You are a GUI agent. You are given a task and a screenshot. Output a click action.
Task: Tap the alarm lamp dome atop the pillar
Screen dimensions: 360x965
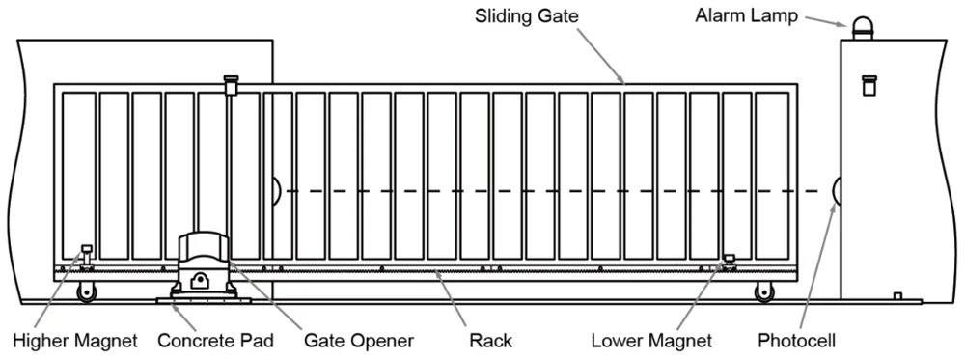pyautogui.click(x=861, y=29)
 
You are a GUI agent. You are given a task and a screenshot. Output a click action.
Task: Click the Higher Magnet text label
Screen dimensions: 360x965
pyautogui.click(x=74, y=341)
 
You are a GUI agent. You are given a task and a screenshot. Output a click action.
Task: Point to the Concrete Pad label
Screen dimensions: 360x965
pyautogui.click(x=215, y=341)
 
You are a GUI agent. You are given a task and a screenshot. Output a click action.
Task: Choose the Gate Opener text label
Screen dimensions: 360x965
pyautogui.click(x=358, y=341)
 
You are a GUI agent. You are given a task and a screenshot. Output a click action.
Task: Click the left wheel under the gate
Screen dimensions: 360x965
pyautogui.click(x=90, y=291)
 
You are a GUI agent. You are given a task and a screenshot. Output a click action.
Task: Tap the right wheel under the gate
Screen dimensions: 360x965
pyautogui.click(x=765, y=291)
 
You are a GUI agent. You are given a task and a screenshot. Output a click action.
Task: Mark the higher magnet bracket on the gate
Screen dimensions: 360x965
pyautogui.click(x=85, y=254)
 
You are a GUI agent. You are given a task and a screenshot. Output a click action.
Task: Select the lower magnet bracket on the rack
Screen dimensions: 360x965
pyautogui.click(x=729, y=260)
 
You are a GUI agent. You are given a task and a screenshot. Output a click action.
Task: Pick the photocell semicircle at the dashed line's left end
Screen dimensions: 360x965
pyautogui.click(x=276, y=190)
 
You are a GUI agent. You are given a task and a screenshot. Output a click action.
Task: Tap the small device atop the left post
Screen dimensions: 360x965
pyautogui.click(x=230, y=85)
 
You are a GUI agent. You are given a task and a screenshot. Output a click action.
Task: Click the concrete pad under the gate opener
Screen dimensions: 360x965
pyautogui.click(x=203, y=300)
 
